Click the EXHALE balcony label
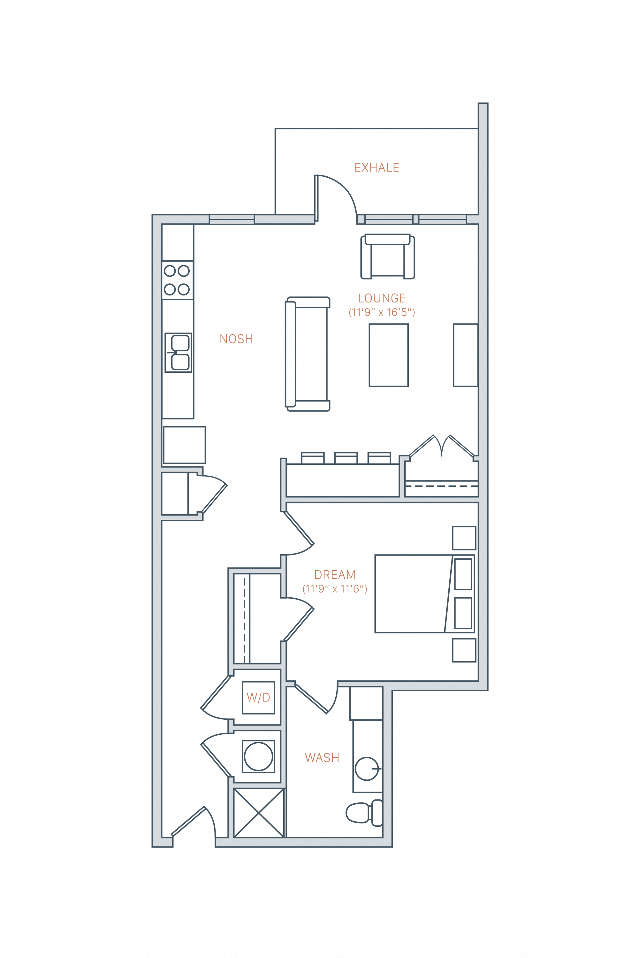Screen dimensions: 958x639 point(377,168)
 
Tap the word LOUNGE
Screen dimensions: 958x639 point(382,298)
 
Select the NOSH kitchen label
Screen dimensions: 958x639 point(236,339)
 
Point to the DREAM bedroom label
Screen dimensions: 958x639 point(335,575)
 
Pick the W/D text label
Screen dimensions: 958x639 point(258,698)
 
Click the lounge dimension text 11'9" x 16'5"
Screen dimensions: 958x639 point(382,313)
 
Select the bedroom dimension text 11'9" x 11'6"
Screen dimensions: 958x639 point(335,589)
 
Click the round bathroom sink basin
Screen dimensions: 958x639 point(367,769)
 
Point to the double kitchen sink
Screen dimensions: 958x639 point(179,353)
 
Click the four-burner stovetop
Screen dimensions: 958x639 point(177,280)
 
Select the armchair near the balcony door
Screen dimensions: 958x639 point(388,257)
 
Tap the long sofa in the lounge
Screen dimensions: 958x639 point(308,354)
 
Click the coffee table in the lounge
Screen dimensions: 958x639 point(389,355)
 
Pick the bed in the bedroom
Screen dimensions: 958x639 point(424,594)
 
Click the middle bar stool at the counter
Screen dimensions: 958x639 point(346,458)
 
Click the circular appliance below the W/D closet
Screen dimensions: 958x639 point(258,757)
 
